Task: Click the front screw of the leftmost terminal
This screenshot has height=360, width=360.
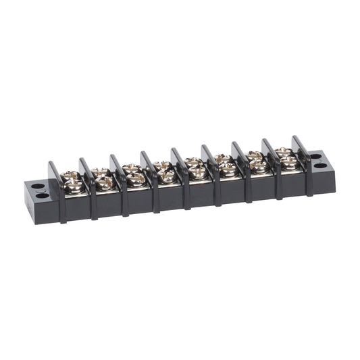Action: coord(73,184)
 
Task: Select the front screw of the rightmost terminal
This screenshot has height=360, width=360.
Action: coord(288,161)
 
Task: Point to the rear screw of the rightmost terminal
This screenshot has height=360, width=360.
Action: coord(283,153)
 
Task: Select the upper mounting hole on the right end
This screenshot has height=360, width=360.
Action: coord(316,156)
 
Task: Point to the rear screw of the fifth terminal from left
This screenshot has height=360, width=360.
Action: coord(192,162)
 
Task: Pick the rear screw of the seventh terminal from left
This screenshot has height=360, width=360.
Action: coord(253,156)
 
